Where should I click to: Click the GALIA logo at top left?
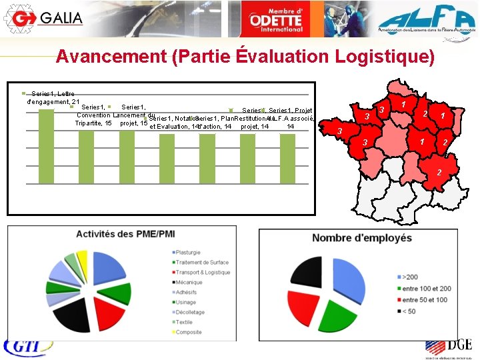click(43, 18)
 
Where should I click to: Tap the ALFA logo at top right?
click(423, 19)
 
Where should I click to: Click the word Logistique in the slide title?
click(375, 57)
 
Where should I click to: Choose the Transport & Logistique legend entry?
click(203, 272)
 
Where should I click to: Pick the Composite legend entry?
click(189, 332)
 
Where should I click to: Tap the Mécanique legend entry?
click(191, 282)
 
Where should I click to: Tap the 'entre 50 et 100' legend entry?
click(423, 300)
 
